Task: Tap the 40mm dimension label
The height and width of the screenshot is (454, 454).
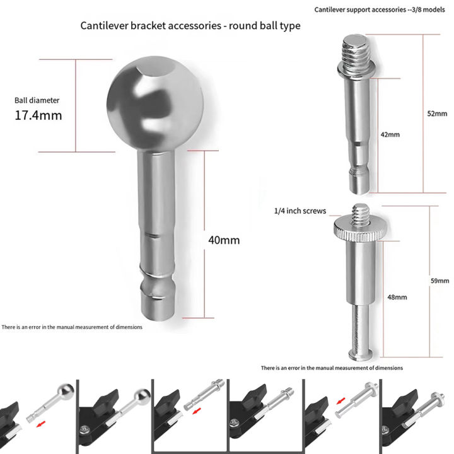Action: (224, 240)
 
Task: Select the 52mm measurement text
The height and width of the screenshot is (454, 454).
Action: (436, 113)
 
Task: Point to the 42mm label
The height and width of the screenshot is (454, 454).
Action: (390, 134)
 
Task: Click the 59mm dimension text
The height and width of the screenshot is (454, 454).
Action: (439, 281)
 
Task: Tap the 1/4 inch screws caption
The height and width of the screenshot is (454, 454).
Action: (300, 211)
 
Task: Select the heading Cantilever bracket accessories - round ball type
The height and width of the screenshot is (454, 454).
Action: (190, 26)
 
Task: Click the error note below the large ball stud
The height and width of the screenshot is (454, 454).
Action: (71, 327)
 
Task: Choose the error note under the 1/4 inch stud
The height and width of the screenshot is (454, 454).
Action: (332, 367)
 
